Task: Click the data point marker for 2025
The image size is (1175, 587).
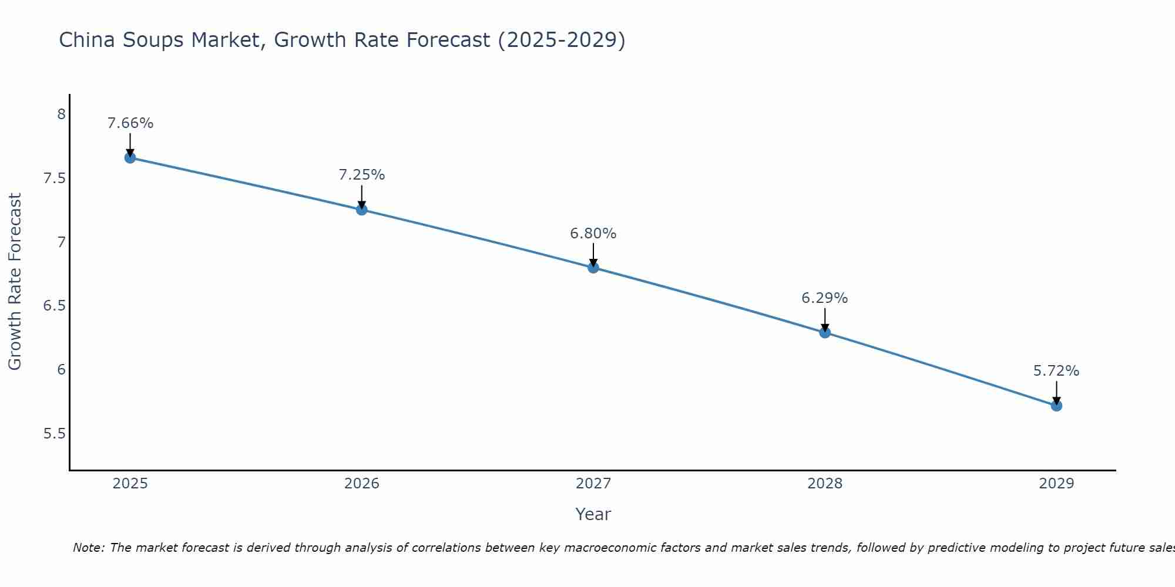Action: point(130,158)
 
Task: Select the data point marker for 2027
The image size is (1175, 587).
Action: point(593,268)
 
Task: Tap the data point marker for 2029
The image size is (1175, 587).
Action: point(1056,406)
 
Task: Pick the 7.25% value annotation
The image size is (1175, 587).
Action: point(361,175)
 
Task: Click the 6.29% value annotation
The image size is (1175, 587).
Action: point(824,298)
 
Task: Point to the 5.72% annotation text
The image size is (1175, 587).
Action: point(1056,371)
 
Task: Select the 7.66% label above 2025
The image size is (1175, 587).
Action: point(130,123)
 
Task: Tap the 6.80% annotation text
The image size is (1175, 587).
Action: point(593,234)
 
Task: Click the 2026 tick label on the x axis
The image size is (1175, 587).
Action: point(361,484)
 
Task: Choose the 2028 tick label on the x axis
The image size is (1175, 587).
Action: point(824,484)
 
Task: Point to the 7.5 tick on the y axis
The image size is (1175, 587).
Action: point(54,178)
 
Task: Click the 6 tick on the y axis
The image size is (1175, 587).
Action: point(61,370)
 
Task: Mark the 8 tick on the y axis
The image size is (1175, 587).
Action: point(61,114)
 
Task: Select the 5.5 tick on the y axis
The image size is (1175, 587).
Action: point(54,434)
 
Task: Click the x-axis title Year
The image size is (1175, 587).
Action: point(593,514)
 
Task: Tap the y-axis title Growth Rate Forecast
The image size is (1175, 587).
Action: point(15,282)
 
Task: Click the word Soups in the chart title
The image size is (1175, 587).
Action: point(153,40)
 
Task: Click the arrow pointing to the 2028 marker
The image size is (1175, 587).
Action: point(824,320)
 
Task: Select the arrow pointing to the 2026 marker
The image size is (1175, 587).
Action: point(361,197)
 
